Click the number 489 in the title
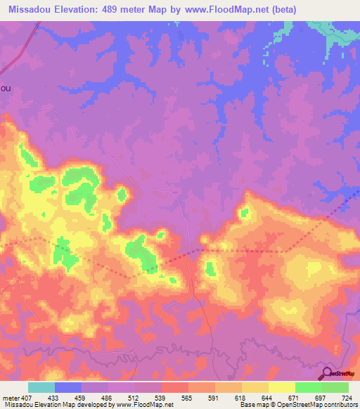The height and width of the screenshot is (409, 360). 112,10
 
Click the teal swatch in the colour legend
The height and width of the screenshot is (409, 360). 41,387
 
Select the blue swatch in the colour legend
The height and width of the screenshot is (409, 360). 68,387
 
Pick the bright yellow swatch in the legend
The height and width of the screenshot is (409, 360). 282,387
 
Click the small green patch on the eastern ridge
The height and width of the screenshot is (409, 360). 244,212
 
